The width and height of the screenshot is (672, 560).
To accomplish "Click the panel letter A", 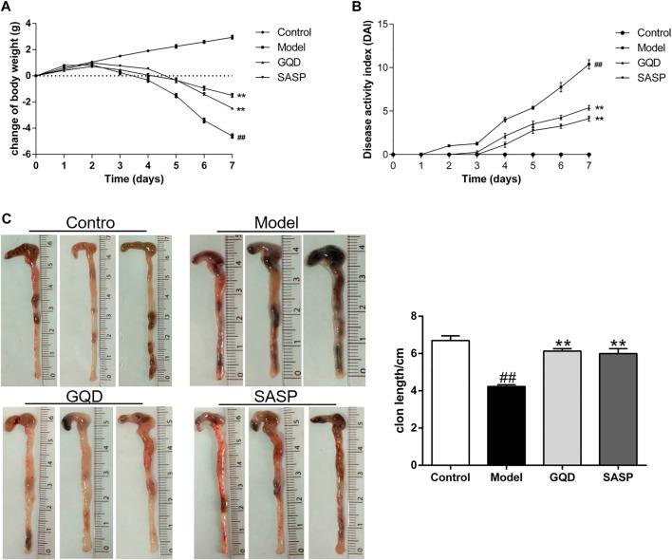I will pos(8,8).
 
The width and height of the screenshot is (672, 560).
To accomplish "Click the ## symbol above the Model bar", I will pos(507,377).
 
